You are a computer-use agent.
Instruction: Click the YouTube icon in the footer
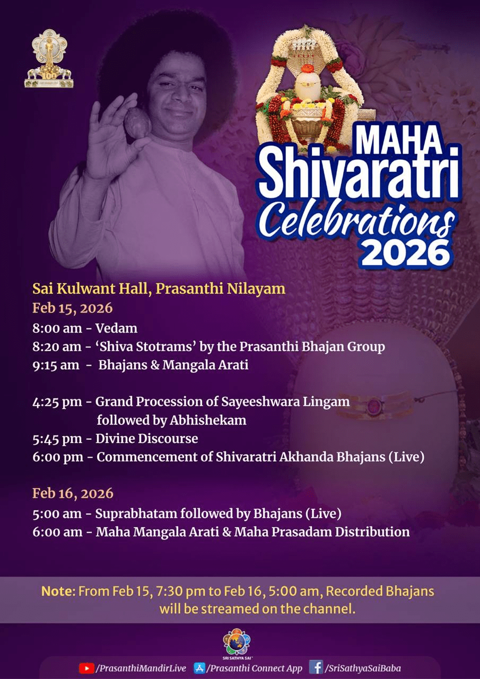[x=86, y=668]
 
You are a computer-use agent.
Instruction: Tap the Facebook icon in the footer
[x=316, y=667]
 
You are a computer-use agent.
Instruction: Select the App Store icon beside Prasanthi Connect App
[x=199, y=668]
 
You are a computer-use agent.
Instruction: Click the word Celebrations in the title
[x=359, y=221]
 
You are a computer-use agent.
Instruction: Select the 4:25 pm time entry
[x=57, y=402]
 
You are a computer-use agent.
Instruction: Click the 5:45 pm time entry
[x=57, y=439]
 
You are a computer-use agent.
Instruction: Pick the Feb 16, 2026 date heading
[x=73, y=493]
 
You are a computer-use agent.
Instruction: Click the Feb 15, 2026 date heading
[x=73, y=308]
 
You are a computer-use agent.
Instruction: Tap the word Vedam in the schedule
[x=116, y=328]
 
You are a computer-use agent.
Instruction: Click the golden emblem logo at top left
[x=49, y=58]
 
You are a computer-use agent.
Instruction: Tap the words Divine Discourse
[x=147, y=439]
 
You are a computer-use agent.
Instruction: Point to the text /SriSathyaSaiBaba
[x=363, y=668]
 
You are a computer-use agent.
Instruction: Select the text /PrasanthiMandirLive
[x=141, y=668]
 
